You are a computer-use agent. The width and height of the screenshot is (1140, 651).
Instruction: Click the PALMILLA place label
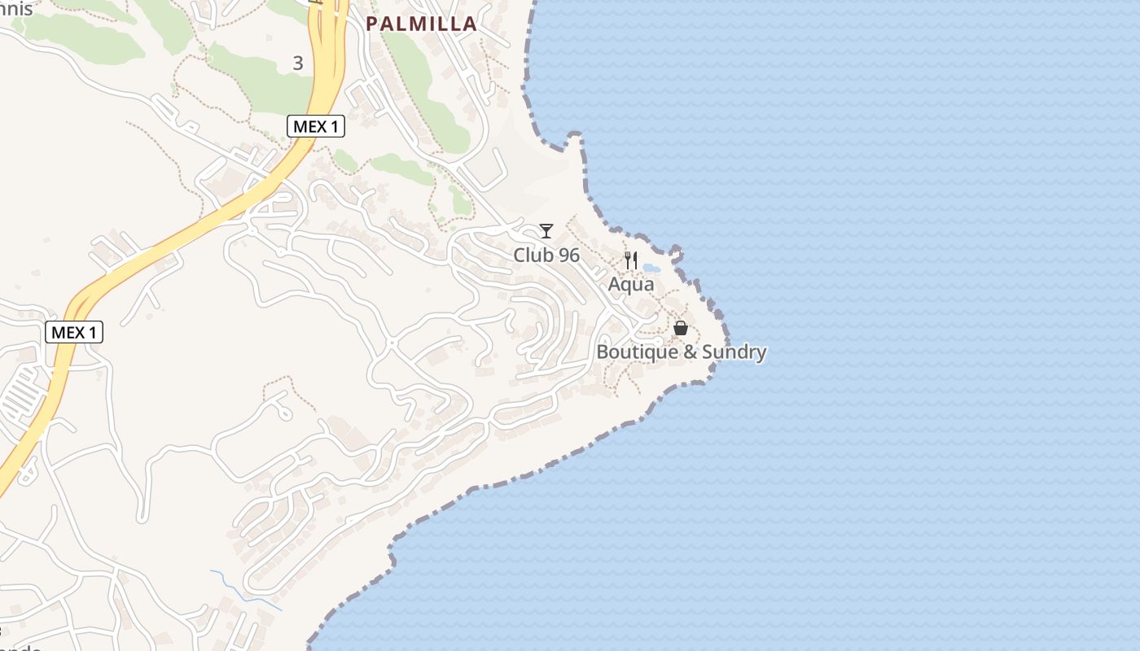pos(421,24)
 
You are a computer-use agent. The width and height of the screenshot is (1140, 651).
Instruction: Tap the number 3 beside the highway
pos(298,63)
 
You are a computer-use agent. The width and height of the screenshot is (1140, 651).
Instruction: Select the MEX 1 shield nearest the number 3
pos(316,126)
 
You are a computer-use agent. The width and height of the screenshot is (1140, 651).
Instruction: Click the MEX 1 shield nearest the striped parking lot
pos(73,332)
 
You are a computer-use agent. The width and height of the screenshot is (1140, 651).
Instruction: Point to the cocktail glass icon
pos(546,231)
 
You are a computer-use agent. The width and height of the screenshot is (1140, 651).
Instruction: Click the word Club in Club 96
pos(530,256)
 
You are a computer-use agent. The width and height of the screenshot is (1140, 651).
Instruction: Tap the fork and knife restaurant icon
pos(631,260)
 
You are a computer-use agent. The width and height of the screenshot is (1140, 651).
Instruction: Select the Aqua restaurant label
pos(631,285)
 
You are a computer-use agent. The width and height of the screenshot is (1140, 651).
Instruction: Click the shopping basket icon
pos(681,328)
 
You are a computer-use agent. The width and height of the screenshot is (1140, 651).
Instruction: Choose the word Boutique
pos(631,352)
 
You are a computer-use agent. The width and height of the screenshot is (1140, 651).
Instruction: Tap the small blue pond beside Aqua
pos(651,267)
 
